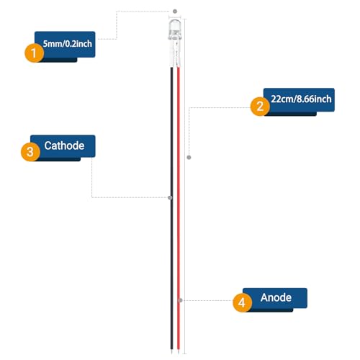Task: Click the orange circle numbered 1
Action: point(34,53)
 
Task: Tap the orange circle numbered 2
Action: point(260,106)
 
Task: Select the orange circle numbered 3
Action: point(30,152)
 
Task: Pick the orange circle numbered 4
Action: point(242,302)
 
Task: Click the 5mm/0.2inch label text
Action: point(68,44)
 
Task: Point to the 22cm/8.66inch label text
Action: point(301,99)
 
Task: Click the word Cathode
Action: point(64,145)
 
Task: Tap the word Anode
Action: point(276,297)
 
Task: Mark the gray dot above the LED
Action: point(175,12)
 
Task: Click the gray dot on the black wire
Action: point(170,197)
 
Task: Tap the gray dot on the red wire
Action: point(181,300)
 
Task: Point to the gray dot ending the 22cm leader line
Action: point(189,158)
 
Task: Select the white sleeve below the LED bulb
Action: point(175,53)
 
